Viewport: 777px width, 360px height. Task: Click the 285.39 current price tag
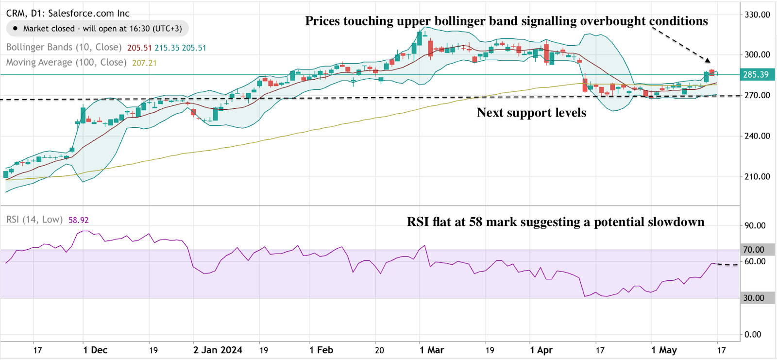tap(756, 74)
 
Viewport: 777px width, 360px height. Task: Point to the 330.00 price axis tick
tap(757, 15)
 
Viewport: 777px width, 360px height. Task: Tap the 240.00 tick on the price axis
tap(757, 136)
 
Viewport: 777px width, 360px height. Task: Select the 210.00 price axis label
tap(757, 176)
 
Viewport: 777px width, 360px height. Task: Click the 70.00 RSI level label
tap(754, 250)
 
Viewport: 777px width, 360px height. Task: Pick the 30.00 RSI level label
tap(754, 298)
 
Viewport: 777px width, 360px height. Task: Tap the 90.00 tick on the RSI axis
tap(755, 225)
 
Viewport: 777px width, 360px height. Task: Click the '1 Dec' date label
tap(95, 350)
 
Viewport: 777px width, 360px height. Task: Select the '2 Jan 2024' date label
tap(218, 350)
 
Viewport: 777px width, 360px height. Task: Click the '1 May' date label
tap(664, 350)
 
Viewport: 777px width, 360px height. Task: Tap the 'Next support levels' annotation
tap(531, 113)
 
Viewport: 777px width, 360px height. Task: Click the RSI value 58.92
tap(79, 220)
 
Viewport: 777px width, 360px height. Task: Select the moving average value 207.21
tap(144, 63)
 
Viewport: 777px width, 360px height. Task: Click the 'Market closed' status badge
tap(97, 29)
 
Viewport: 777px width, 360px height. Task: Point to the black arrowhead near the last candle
tap(708, 60)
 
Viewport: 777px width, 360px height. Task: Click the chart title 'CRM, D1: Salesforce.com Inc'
tap(68, 13)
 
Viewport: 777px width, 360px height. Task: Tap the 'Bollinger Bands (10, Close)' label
tap(64, 47)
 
